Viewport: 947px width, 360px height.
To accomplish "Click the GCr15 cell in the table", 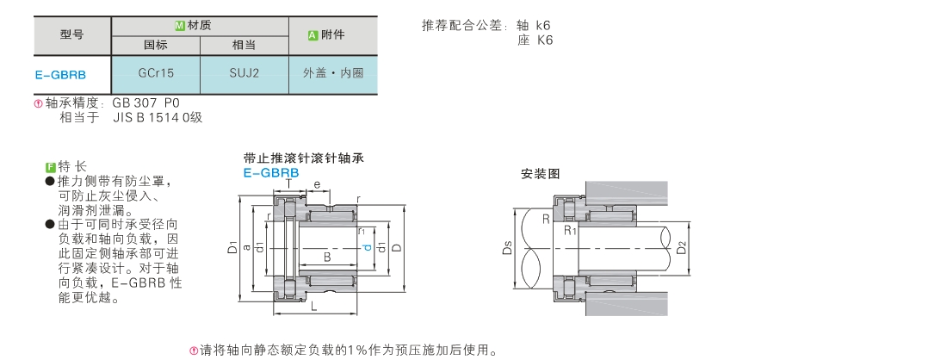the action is coord(156,73).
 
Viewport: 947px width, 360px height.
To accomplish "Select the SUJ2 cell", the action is coord(244,73).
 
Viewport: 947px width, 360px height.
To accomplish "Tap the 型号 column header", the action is coord(71,35).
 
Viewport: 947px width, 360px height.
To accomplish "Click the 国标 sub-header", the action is coord(156,46).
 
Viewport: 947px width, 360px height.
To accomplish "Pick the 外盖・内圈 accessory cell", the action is coord(333,73).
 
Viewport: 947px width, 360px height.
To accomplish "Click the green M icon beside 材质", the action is coord(179,26).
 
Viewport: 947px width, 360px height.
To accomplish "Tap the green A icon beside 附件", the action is coord(313,35).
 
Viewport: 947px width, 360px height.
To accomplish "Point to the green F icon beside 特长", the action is coord(51,167).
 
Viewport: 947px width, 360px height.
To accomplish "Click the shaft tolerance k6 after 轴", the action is coord(543,25).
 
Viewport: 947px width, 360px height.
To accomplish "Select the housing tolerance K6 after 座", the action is coord(544,40).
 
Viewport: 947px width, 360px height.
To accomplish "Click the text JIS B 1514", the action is coord(151,117).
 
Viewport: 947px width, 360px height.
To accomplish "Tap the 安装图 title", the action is coord(541,174).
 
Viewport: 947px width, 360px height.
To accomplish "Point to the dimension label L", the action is coord(314,307).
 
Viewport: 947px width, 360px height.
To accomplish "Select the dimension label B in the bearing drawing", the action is coord(327,258).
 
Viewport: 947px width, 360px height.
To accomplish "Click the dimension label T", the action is coord(288,183).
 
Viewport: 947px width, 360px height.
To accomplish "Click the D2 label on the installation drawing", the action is coord(681,247).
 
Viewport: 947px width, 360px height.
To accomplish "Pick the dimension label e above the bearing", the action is coord(317,183).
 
